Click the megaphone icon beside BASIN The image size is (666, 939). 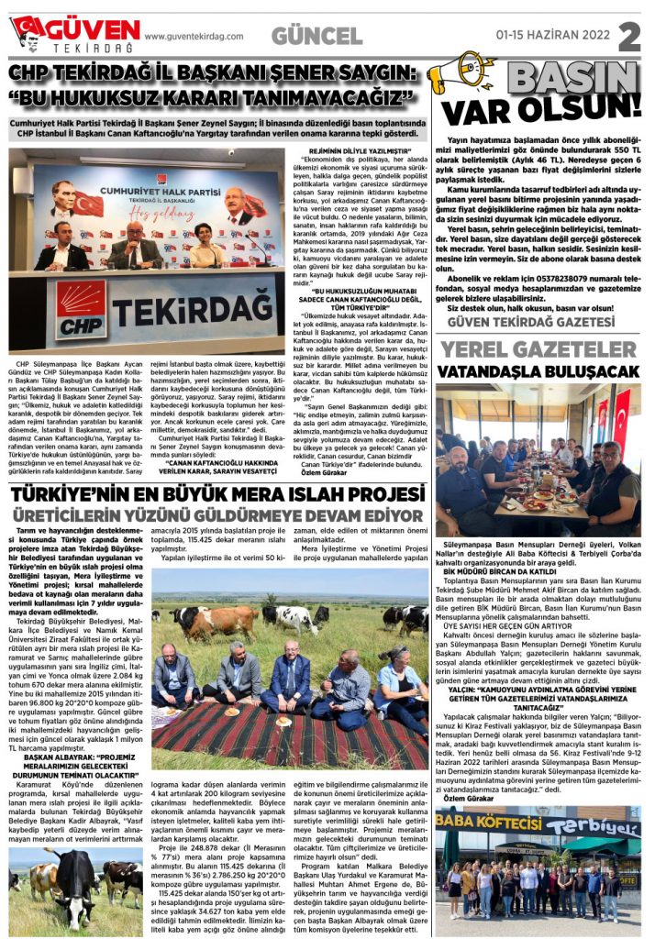(459, 73)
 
